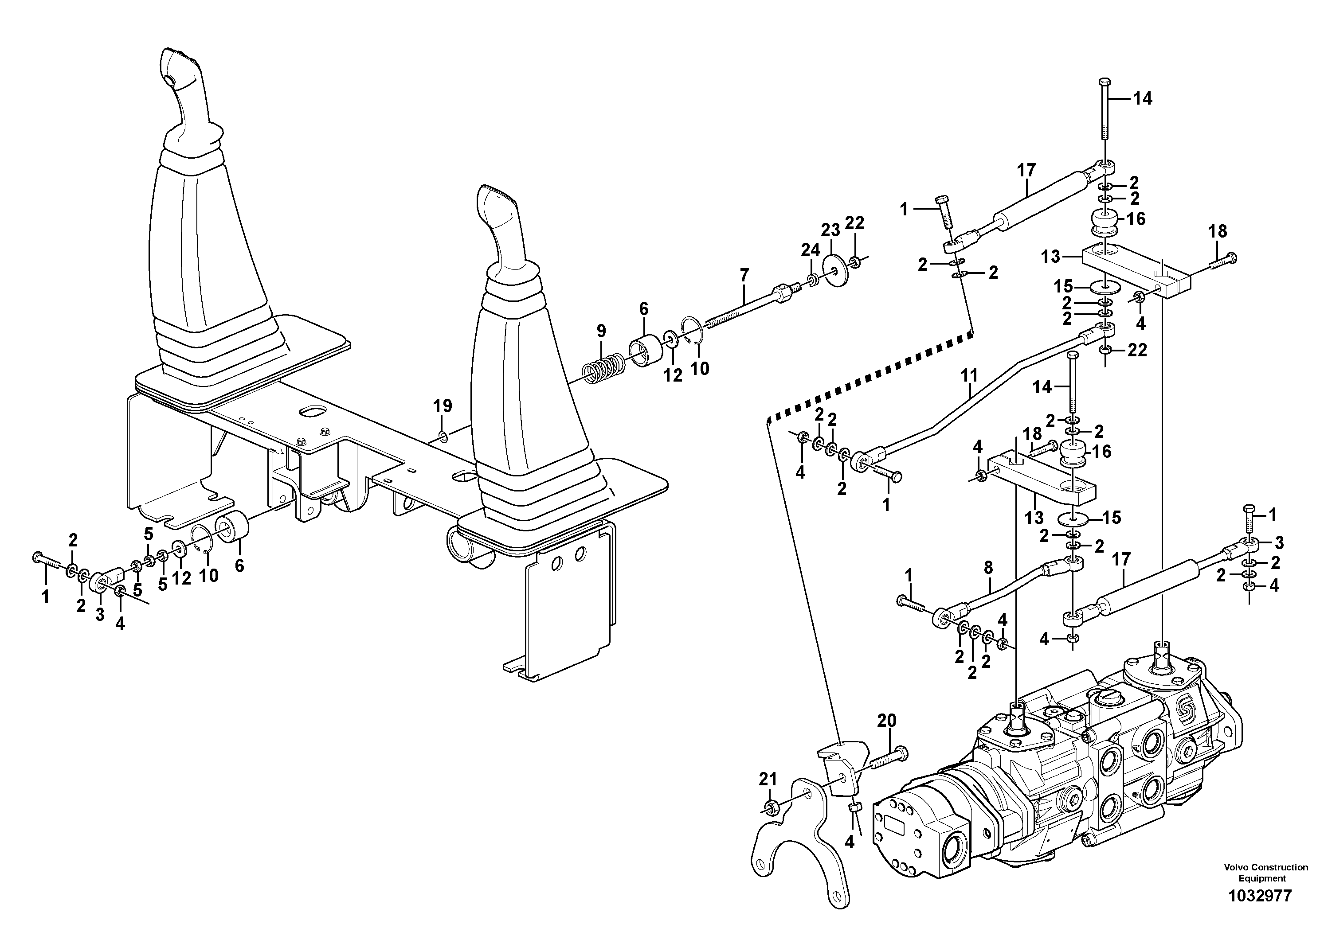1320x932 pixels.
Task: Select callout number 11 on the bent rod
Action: click(969, 376)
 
